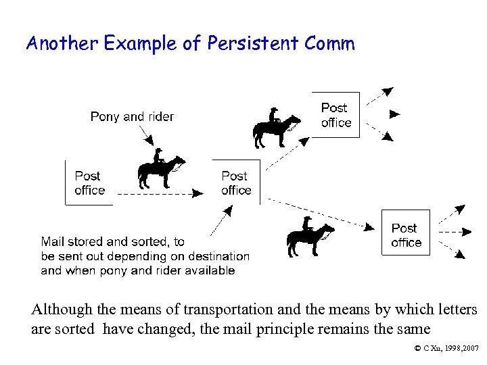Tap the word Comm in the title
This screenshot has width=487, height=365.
tap(329, 44)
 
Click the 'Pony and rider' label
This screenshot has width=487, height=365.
tap(132, 116)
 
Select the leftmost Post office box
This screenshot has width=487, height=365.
tap(89, 183)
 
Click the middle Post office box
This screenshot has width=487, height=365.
tap(236, 183)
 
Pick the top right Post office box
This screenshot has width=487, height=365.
tap(335, 115)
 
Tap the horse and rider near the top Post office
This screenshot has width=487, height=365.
tap(276, 128)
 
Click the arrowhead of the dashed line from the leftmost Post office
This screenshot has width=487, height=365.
tap(198, 193)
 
